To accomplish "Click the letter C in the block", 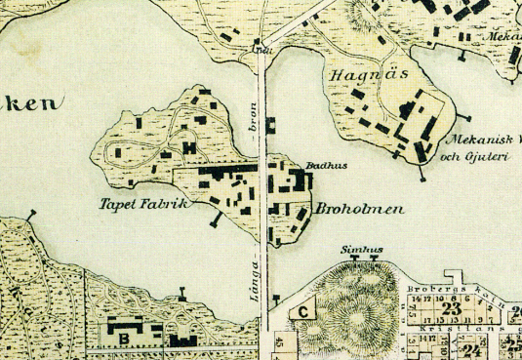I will coord(303,312).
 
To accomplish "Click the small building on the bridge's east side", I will coord(271,125).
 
